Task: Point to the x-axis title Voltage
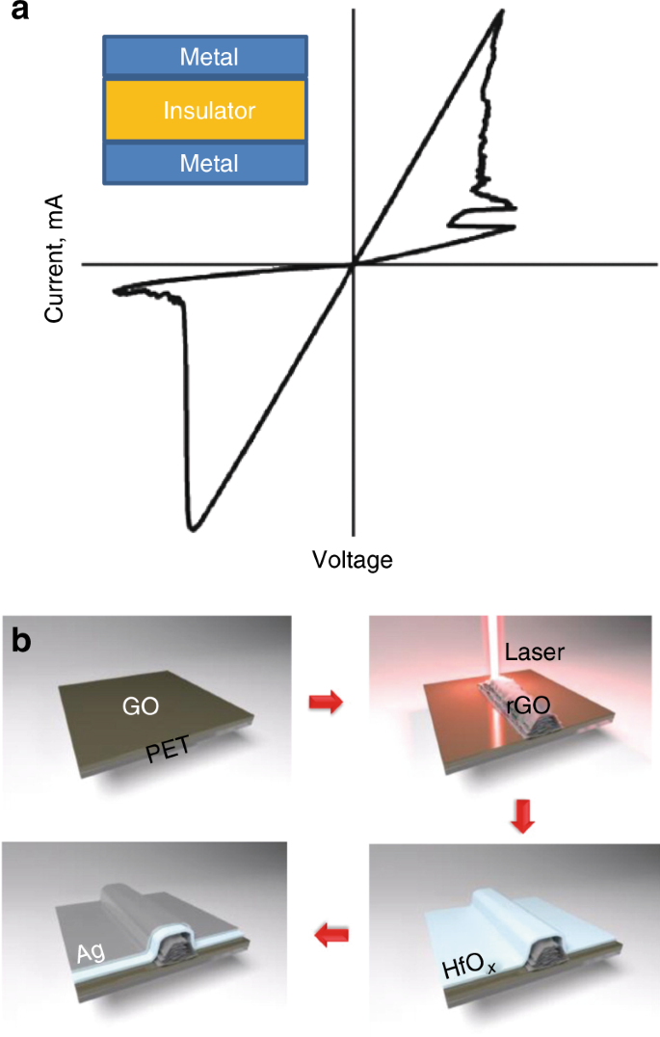pyautogui.click(x=353, y=559)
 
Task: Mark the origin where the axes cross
pyautogui.click(x=355, y=263)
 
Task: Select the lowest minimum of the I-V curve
pyautogui.click(x=194, y=528)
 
